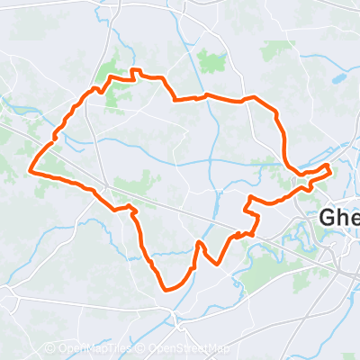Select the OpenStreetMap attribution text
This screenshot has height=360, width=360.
[x=188, y=349]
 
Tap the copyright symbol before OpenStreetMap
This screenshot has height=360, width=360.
[x=141, y=349]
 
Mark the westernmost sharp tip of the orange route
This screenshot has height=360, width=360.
[x=31, y=169]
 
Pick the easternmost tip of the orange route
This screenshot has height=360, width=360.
[x=331, y=167]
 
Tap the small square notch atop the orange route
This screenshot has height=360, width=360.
[x=136, y=71]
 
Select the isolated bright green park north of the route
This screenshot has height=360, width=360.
[x=211, y=62]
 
